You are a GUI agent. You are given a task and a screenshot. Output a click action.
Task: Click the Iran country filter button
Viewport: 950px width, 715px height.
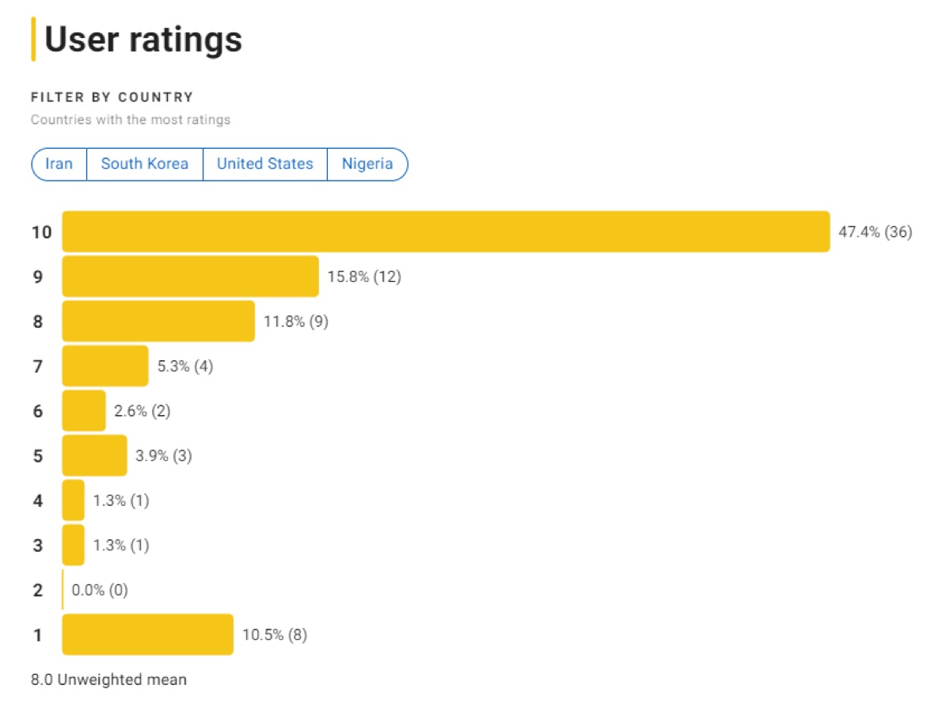[x=59, y=164]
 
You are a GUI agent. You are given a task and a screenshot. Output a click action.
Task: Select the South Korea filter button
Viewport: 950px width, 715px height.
[x=145, y=164]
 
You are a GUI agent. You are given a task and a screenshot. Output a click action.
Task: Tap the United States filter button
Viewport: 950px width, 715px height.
[x=265, y=164]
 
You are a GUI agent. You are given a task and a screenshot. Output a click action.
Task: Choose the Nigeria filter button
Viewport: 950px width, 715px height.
[x=367, y=164]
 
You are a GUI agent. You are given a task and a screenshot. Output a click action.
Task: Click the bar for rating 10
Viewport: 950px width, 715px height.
[x=446, y=232]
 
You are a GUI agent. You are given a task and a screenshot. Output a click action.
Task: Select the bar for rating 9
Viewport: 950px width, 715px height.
[x=190, y=276]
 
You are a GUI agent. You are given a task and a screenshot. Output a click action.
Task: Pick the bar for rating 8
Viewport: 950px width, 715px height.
[x=158, y=321]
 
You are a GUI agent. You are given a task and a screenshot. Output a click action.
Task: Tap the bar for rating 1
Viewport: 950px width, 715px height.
[x=147, y=634]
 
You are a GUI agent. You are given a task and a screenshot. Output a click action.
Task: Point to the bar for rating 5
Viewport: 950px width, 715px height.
[x=94, y=455]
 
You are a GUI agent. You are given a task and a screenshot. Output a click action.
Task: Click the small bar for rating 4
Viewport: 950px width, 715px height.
[x=73, y=500]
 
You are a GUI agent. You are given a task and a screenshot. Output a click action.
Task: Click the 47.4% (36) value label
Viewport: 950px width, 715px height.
[x=876, y=232]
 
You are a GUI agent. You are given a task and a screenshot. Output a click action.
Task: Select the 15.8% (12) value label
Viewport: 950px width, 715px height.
[x=364, y=277]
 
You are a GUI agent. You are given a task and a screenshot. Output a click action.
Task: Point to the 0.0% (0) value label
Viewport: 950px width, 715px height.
[x=100, y=590]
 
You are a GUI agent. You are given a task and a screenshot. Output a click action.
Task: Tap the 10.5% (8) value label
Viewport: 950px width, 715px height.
[x=275, y=635]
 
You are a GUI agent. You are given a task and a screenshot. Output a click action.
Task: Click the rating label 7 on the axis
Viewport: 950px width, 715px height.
[x=38, y=367]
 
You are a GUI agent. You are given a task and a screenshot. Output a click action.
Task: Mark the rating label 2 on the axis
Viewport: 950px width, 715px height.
[x=38, y=590]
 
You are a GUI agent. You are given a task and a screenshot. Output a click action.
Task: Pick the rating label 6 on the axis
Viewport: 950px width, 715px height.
[x=38, y=411]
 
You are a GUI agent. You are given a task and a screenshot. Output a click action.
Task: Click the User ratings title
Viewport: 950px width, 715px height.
[x=142, y=40]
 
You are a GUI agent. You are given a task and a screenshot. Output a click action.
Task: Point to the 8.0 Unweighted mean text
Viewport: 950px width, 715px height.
[x=109, y=679]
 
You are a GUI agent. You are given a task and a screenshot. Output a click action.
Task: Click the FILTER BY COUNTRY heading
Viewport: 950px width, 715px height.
[x=112, y=97]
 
